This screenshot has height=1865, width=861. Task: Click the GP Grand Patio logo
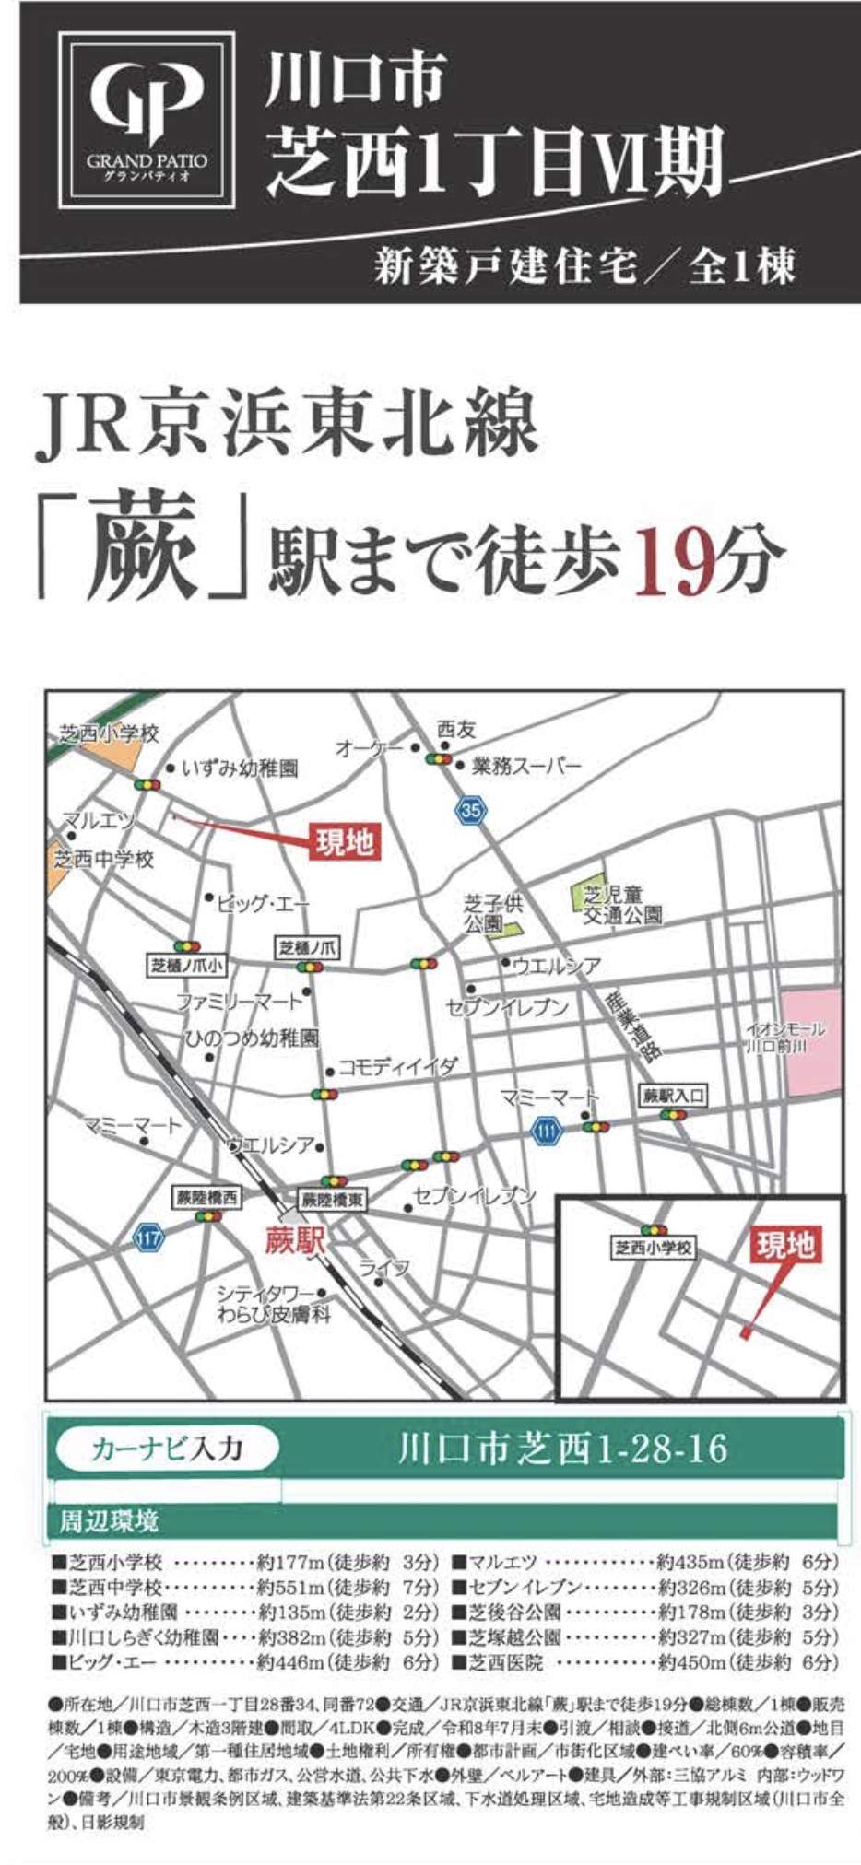147,119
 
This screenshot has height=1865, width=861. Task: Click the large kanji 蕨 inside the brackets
144,547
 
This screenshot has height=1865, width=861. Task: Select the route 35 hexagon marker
471,810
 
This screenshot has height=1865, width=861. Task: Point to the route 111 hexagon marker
548,1129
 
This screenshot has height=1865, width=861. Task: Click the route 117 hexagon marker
148,1237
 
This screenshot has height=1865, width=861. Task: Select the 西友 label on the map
456,730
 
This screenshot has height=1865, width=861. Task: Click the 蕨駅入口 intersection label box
674,1096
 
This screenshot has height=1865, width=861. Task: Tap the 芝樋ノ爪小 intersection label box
188,965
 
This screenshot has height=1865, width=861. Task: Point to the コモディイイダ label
397,1067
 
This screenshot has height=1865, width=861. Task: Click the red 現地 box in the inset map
784,1245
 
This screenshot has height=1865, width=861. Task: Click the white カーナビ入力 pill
167,1449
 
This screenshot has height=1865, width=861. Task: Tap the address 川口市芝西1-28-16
562,1449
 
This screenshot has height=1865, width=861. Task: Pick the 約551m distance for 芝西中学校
291,1588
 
